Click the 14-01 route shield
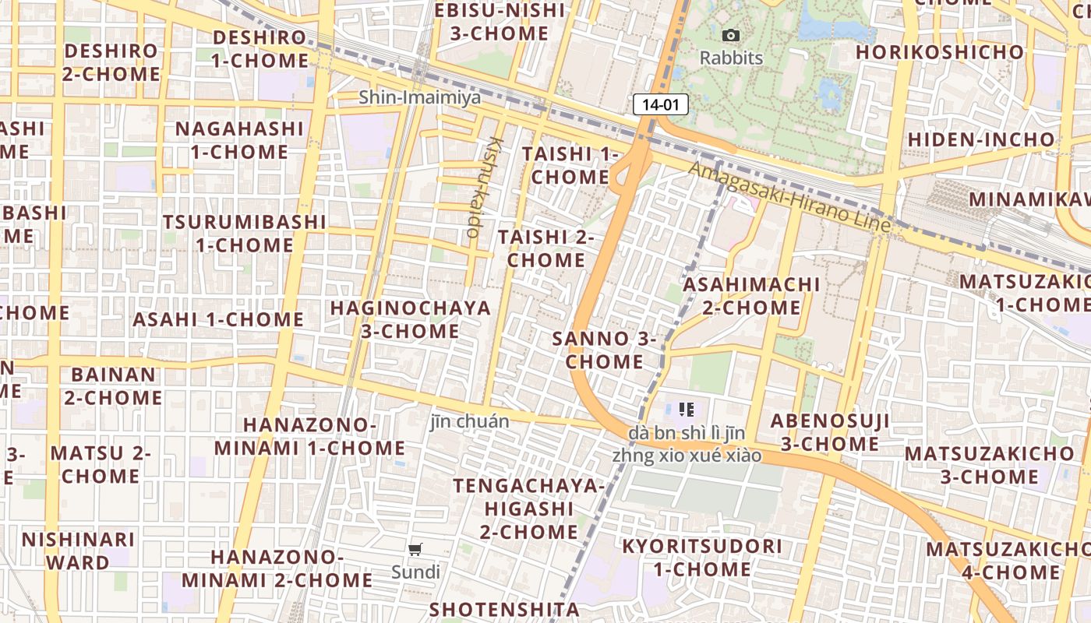pos(660,104)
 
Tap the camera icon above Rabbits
pos(731,35)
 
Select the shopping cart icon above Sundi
pos(415,550)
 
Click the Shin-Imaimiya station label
pos(420,97)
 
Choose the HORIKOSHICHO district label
pos(940,52)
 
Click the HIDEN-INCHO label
pos(981,139)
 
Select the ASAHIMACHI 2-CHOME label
pos(751,296)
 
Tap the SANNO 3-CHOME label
pos(605,350)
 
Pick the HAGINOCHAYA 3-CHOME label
pos(411,319)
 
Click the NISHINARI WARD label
pos(78,551)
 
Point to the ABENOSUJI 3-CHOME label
pos(830,432)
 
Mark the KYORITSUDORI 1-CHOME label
pos(702,558)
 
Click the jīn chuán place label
pos(470,421)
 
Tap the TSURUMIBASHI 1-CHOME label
pos(244,233)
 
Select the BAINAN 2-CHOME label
pos(113,385)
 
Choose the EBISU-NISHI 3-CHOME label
pos(500,22)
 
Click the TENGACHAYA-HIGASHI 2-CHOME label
pos(529,509)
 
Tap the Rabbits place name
pos(731,58)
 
